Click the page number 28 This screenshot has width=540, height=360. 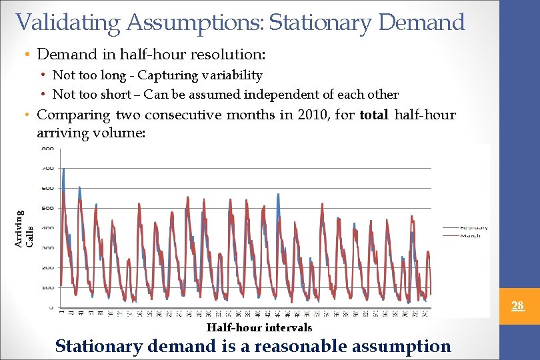tap(517, 306)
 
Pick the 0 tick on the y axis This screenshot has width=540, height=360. tap(51, 308)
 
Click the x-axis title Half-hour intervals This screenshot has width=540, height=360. tap(259, 328)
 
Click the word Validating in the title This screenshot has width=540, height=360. tap(68, 23)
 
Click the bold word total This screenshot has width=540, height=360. tap(375, 115)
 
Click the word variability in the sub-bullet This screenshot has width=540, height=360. tap(233, 75)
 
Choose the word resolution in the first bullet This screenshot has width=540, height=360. tap(229, 53)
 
